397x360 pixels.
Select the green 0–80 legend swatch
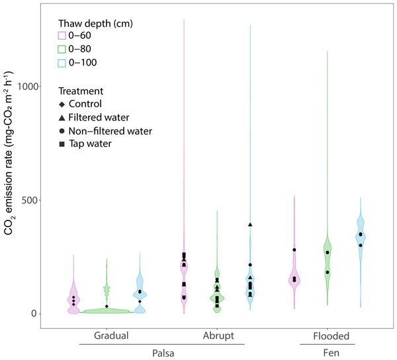pos(62,49)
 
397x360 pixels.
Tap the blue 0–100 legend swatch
pos(62,63)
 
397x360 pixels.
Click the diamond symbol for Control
pos(62,104)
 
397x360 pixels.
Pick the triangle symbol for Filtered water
pos(62,118)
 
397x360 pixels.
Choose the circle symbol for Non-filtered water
pos(62,131)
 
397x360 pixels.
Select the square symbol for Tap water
pos(62,144)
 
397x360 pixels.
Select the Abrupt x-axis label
pos(218,336)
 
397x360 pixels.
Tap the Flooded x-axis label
pos(327,336)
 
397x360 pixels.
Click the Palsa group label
pos(162,353)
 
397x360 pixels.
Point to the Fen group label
pos(327,353)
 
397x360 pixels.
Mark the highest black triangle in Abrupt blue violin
pos(250,224)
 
